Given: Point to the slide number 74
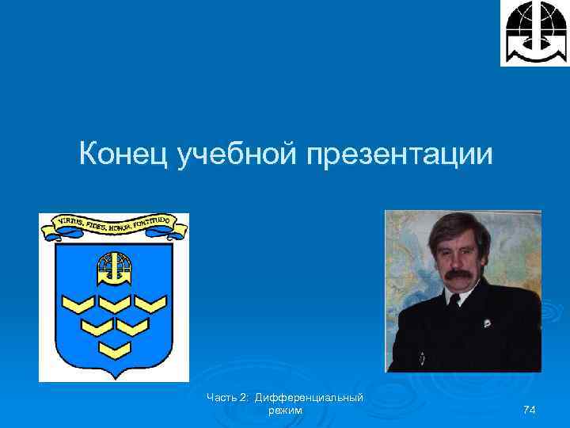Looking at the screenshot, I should [530, 410].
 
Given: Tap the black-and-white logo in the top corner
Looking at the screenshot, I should [534, 32].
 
